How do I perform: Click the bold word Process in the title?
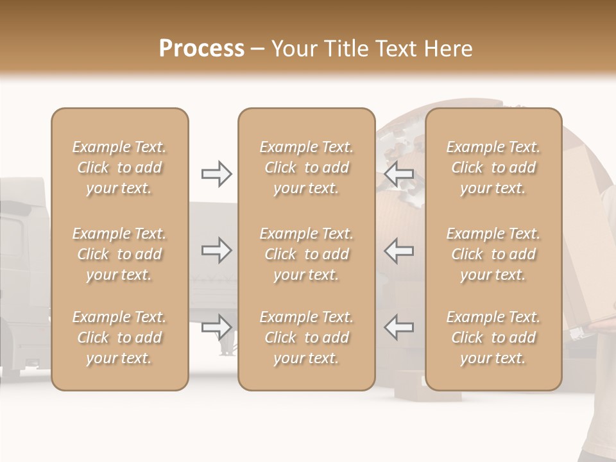click(x=201, y=49)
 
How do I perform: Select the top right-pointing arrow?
click(x=217, y=174)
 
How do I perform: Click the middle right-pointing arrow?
click(x=217, y=250)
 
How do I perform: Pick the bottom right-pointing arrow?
click(x=217, y=327)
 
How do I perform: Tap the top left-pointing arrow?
click(x=399, y=174)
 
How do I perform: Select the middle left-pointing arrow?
click(x=399, y=250)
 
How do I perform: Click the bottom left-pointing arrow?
click(x=399, y=327)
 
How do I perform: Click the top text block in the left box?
click(x=119, y=167)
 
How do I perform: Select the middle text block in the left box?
click(x=119, y=254)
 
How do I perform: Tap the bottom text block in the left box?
click(x=119, y=338)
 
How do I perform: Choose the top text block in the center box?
click(x=306, y=167)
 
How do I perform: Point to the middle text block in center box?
click(x=306, y=254)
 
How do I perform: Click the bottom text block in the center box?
click(x=306, y=338)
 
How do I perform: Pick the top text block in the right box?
click(x=493, y=167)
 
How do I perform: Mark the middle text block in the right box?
click(x=493, y=254)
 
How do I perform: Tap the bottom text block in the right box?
click(x=493, y=338)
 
